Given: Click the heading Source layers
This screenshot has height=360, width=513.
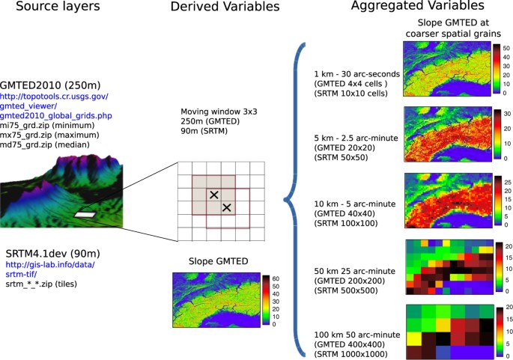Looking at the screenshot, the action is tap(58, 6).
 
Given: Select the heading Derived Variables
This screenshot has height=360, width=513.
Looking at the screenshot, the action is tap(225, 7).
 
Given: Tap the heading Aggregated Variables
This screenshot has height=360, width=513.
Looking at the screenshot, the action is tap(417, 5).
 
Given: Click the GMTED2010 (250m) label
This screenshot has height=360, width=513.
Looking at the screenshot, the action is tap(50, 85).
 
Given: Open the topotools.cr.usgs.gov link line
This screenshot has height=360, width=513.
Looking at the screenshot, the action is tap(54, 97).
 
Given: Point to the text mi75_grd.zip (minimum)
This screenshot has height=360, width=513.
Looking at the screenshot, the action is tap(47, 125).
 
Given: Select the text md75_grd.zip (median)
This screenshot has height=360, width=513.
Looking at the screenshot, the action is tap(44, 144).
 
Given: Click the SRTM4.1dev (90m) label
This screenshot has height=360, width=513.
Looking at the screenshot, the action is tap(53, 254).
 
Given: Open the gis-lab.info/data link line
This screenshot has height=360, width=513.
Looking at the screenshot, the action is tap(50, 264).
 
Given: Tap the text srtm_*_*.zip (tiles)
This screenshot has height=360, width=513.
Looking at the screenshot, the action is tap(41, 284).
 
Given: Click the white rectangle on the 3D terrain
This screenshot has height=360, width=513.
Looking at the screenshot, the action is tap(85, 215).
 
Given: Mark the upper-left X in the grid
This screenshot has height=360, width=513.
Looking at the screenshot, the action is tap(214, 195).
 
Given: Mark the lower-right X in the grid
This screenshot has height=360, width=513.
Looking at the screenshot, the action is tap(227, 207).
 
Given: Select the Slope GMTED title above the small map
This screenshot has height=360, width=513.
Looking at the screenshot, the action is tap(218, 261).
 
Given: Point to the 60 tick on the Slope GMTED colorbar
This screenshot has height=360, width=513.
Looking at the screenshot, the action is tap(276, 279).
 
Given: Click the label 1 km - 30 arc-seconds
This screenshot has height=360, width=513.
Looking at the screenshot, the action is tap(357, 74).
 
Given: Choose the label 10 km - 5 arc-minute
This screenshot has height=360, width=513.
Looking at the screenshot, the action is tap(355, 204).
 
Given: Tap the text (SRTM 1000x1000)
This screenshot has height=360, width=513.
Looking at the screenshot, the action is tap(350, 354).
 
